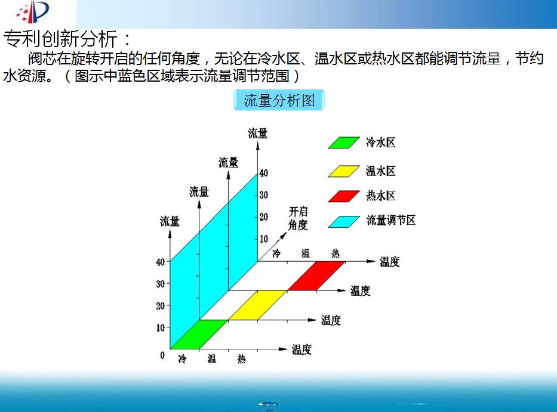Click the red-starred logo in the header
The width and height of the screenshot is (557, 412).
point(32,12)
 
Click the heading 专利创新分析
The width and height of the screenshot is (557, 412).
point(60,39)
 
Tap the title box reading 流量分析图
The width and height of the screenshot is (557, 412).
point(279,100)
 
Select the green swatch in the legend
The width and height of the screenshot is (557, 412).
point(344,143)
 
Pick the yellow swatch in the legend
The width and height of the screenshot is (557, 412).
point(344,171)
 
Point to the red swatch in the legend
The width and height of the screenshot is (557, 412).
point(344,196)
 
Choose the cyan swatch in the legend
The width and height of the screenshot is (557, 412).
point(344,221)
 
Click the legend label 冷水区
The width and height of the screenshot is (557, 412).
point(380,143)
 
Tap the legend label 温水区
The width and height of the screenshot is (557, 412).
point(380,171)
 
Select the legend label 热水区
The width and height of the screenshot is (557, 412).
point(380,196)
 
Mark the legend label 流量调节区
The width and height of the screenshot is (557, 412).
point(391,220)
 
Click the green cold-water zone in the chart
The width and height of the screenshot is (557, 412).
point(199,334)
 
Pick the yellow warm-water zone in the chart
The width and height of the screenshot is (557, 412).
point(257,305)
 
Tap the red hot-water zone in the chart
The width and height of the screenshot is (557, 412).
point(316,275)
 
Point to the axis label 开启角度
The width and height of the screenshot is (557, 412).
point(298,219)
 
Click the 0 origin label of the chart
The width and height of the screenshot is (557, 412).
point(162,355)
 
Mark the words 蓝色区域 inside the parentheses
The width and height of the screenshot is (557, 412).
point(131,76)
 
